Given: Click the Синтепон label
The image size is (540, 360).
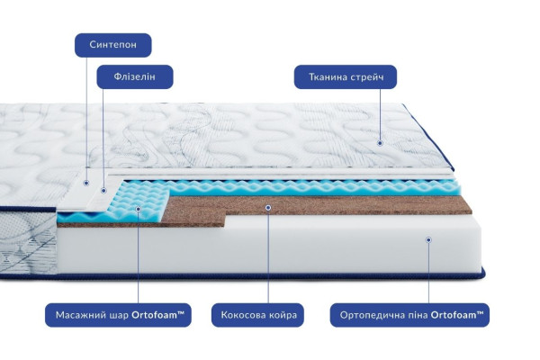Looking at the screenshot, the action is tap(113, 45).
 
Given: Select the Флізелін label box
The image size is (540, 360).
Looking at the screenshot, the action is tap(135, 76).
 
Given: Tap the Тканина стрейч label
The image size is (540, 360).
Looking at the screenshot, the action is tap(346, 76).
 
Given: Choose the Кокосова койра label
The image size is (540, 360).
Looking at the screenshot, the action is tap(257, 315).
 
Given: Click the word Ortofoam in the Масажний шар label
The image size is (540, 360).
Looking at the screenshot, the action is tap(154, 315).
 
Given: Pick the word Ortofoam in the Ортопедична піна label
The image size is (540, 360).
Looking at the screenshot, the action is tap(454, 315).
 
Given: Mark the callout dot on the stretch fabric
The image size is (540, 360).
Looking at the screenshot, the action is tap(380, 143).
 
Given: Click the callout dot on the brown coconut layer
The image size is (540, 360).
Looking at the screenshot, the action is tap(268, 208).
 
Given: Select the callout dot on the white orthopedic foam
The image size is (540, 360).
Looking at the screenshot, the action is tap(428, 239).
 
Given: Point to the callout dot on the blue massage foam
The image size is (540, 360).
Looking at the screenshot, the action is tap(138, 209).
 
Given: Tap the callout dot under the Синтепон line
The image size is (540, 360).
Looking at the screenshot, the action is tap(86, 183).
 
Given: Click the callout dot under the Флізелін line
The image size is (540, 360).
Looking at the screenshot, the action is tap(103, 190).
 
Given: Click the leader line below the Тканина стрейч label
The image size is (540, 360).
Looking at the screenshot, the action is tap(380, 114).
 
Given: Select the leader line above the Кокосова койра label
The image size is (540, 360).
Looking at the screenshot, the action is tap(268, 256).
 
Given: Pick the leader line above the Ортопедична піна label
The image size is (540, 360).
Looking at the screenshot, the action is tap(428, 273).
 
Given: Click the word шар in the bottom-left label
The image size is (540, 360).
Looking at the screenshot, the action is tap(119, 316).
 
